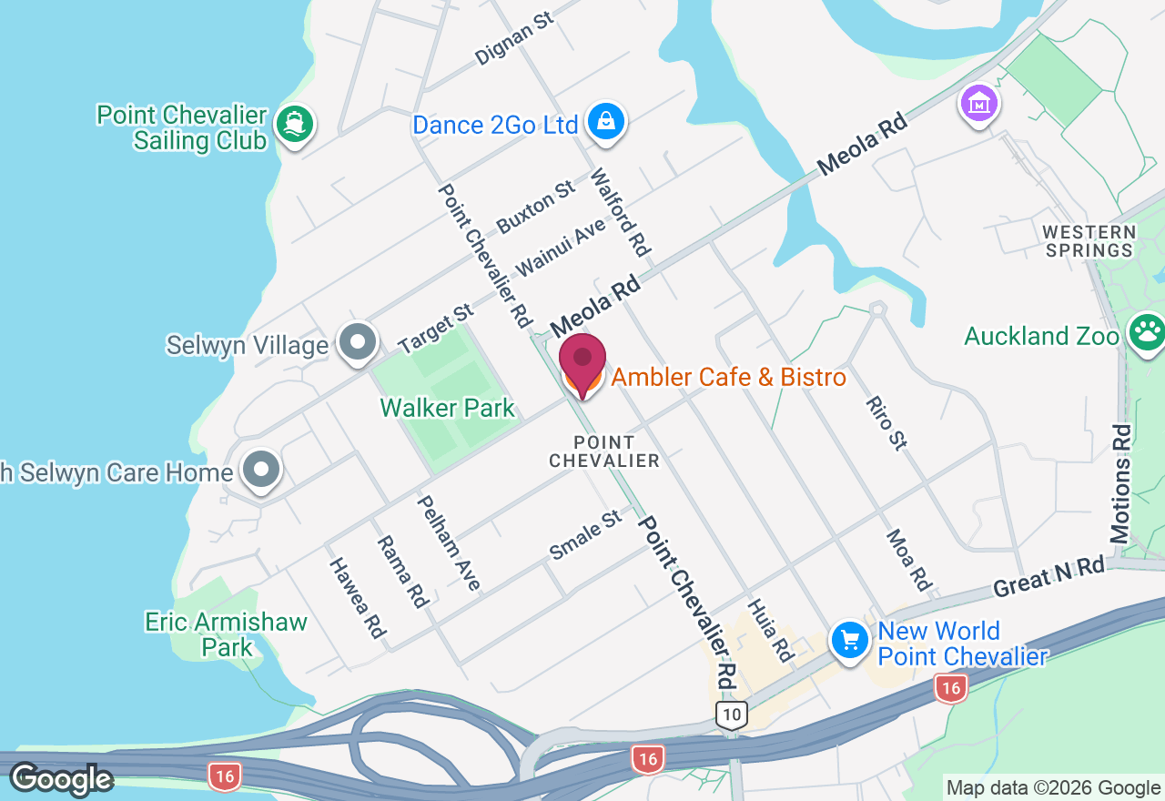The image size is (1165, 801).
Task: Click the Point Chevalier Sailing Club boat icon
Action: (293, 125)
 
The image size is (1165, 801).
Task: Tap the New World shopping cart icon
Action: (850, 641)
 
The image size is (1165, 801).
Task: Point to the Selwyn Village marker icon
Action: (358, 342)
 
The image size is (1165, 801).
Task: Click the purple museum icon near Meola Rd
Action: (979, 104)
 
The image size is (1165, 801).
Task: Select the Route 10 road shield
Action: (731, 715)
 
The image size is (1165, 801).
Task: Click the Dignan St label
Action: (514, 39)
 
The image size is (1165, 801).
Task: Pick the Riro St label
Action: (886, 422)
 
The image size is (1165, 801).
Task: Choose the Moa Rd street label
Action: (909, 560)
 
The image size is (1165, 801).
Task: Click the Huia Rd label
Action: (770, 629)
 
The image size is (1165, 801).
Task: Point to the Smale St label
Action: (585, 536)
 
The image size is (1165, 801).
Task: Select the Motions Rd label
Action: (1120, 484)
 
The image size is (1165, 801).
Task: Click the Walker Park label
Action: (448, 408)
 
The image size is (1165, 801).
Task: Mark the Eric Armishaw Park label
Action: (227, 634)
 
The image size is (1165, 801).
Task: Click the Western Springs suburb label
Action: (1089, 241)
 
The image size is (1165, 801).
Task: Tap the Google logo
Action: (61, 779)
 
